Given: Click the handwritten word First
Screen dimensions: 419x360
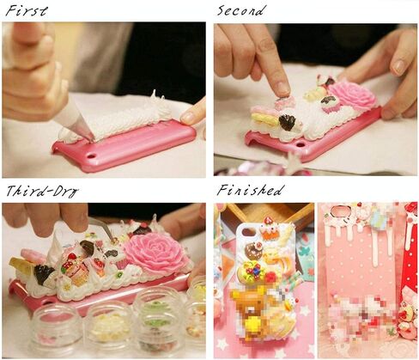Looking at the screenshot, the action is click(27, 11).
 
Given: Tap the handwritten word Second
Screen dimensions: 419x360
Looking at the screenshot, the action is click(240, 10).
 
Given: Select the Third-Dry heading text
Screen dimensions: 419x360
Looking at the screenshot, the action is click(42, 191).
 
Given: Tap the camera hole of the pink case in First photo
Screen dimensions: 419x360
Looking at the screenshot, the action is click(91, 156).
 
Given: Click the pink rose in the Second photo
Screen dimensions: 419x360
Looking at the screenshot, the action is click(353, 95).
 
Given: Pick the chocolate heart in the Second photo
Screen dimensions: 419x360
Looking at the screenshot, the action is click(288, 122).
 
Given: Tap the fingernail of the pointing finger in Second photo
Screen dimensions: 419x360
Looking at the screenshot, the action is click(283, 88).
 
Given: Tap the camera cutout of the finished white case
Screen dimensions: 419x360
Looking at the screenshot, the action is click(248, 231).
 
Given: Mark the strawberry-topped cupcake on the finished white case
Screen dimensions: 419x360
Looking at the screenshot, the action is click(269, 229).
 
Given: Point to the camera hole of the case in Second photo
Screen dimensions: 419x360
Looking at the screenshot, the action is click(301, 143).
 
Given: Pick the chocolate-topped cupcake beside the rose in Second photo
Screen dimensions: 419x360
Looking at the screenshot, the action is click(330, 104).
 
